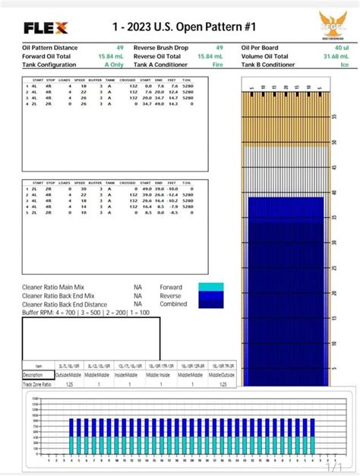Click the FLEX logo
click(46, 28)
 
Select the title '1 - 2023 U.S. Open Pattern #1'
click(180, 27)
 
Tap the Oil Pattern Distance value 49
click(120, 48)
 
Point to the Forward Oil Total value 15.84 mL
click(110, 56)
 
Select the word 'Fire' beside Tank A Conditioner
click(218, 65)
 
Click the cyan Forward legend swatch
click(210, 288)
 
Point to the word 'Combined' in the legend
click(172, 303)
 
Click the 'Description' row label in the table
click(33, 374)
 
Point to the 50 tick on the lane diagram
click(335, 143)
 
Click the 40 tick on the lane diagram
click(335, 193)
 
